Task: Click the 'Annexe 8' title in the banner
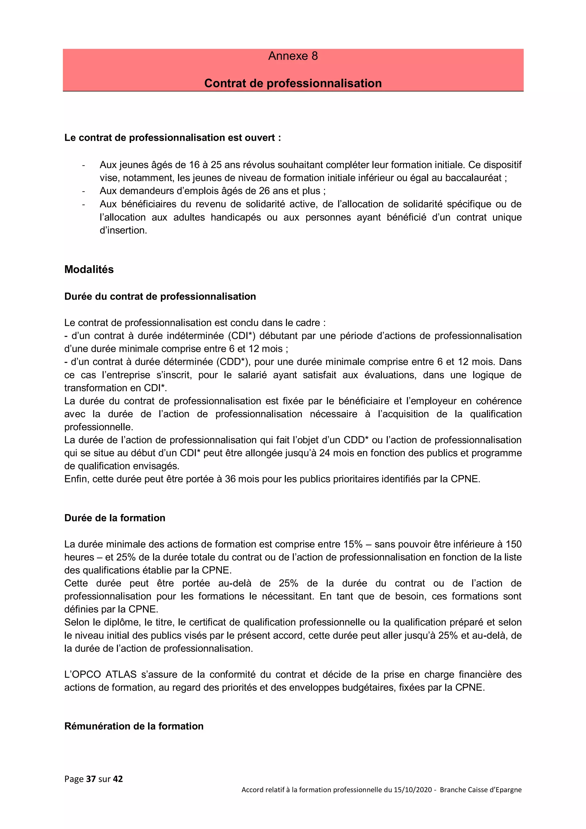point(293,56)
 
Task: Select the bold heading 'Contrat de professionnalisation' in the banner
point(293,83)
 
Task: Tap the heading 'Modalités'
point(89,270)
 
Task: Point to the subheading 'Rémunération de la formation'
point(134,726)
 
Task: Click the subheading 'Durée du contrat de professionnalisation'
point(160,296)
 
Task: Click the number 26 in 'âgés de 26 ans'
point(265,191)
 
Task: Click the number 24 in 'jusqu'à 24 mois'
point(324,453)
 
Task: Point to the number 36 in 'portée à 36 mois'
point(231,479)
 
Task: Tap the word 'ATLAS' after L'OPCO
point(121,674)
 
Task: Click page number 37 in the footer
point(91,779)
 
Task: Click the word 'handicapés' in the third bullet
point(236,217)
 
